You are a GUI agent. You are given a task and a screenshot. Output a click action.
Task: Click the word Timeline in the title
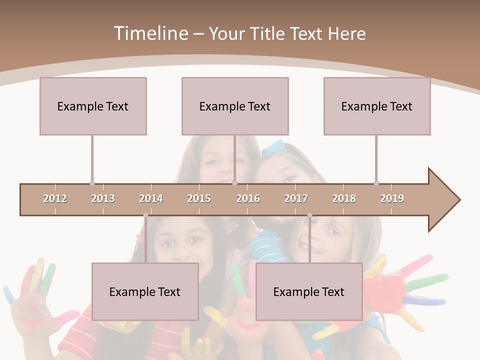point(150,33)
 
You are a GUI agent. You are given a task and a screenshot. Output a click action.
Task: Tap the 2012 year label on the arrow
point(55,198)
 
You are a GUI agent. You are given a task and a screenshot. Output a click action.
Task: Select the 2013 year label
point(103,198)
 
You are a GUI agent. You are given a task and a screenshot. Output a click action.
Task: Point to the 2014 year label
point(151,198)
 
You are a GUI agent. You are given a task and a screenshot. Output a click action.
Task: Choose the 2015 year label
point(199,198)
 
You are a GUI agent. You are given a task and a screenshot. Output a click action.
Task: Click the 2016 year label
point(248,198)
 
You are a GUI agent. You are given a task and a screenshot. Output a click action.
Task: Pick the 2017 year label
point(296,198)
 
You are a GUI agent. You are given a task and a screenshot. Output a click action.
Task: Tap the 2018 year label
point(344,198)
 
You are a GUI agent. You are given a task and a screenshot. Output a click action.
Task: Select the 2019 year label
point(392,198)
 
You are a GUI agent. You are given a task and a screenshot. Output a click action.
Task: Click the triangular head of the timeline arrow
point(443,200)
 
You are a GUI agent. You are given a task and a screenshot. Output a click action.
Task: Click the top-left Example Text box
point(93,106)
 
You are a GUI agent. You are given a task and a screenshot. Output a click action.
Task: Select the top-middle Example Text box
point(235,106)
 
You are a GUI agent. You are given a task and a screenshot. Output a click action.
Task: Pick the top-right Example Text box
point(377,106)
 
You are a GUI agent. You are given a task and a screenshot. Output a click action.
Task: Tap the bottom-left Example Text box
point(145,291)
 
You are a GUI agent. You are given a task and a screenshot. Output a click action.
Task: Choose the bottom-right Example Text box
point(309,291)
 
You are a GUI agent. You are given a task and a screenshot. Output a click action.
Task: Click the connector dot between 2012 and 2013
point(92,183)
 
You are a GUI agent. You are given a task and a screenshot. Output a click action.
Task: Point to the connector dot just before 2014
point(145,215)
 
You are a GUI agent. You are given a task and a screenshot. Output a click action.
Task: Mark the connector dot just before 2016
point(234,183)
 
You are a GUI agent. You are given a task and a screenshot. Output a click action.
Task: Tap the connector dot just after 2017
point(309,215)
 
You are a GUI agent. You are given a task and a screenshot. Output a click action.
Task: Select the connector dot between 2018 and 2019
point(376,183)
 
